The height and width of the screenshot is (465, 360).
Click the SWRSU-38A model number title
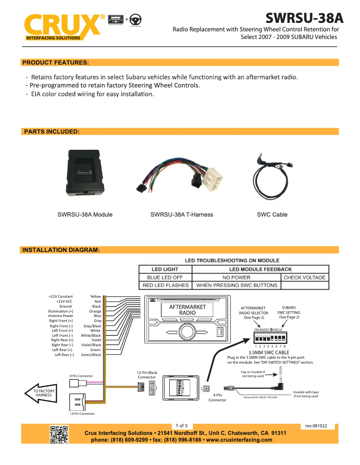pos(304,18)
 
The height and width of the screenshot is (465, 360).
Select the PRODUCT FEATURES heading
pos(55,62)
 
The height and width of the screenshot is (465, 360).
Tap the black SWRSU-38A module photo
pos(86,173)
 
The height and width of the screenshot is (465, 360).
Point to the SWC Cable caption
pos(272,215)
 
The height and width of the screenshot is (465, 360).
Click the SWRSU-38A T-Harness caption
pos(181,215)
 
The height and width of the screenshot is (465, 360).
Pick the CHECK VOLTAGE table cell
pos(304,278)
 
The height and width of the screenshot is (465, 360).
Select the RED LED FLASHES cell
pos(166,285)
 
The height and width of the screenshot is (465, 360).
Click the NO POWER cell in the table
pos(237,278)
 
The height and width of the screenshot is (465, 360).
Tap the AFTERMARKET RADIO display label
pos(187,310)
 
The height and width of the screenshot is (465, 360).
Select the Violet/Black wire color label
pos(91,345)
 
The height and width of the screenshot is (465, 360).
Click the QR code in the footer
pos(59,435)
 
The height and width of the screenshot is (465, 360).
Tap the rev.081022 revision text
pos(316,426)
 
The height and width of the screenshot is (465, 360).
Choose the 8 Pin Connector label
pos(81,376)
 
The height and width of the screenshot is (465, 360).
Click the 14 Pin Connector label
pos(82,413)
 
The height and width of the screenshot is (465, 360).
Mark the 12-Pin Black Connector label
pos(147,375)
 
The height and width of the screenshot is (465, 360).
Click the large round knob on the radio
pos(186,332)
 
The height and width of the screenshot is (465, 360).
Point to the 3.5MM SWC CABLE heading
pos(268,352)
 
